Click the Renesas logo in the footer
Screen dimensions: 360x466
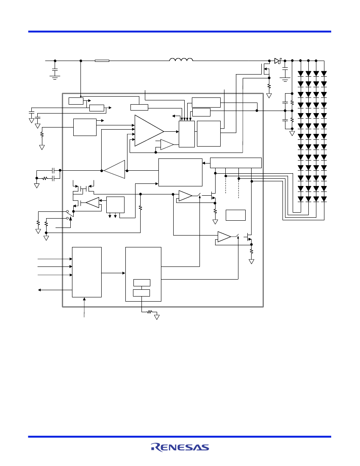click(180, 447)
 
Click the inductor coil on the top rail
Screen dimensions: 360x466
click(181, 59)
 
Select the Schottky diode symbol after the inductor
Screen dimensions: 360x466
click(277, 61)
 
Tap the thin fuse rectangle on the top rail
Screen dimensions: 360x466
click(102, 61)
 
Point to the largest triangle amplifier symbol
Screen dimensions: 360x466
click(149, 131)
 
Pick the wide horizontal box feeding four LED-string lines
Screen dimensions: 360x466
click(236, 163)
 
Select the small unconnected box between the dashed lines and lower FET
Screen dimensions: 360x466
click(235, 215)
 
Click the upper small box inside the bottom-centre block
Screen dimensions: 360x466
click(142, 283)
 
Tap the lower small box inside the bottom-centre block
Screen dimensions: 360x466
click(141, 293)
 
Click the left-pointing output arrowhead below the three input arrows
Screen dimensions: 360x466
click(39, 290)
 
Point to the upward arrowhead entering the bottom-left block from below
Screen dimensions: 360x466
click(84, 299)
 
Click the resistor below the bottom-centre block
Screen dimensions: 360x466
click(150, 312)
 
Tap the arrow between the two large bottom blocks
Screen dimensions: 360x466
click(114, 273)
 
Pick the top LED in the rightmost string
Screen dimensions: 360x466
click(324, 73)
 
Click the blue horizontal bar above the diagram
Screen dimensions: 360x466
click(180, 31)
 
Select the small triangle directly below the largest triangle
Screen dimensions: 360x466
click(167, 144)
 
